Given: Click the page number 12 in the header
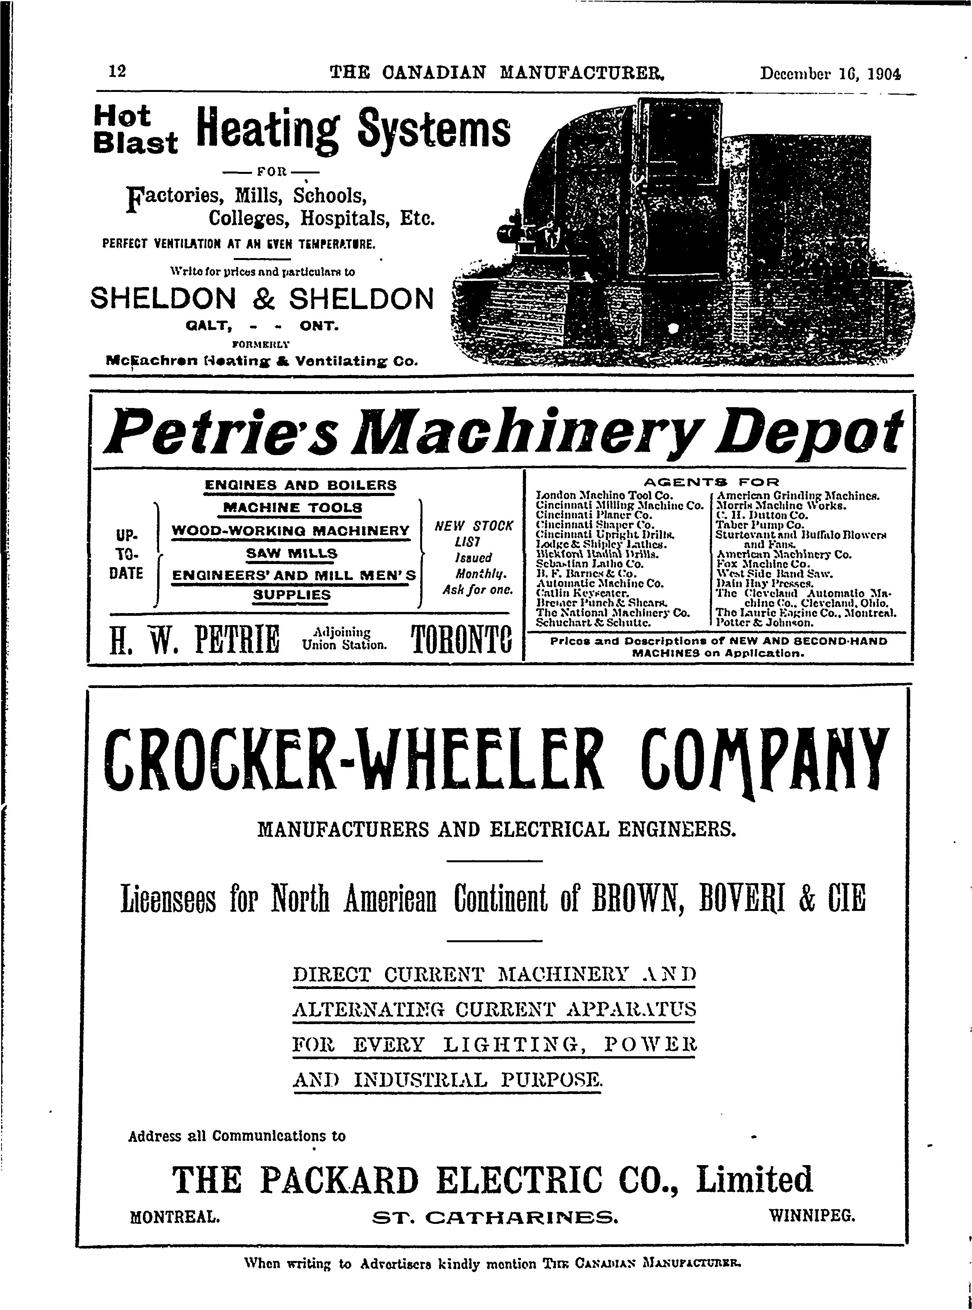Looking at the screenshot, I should tap(117, 72).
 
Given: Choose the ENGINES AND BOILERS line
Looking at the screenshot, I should tap(300, 486).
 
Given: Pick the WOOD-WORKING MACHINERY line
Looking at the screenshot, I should tap(291, 531).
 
